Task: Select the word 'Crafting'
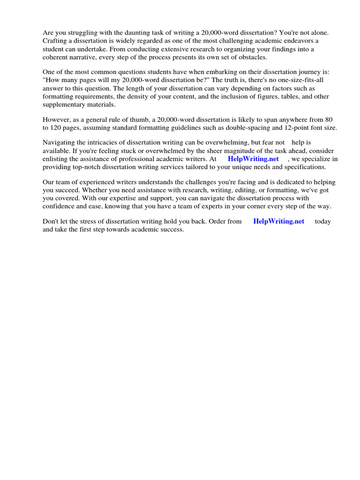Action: point(56,41)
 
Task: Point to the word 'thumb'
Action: point(136,120)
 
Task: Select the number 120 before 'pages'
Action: point(59,128)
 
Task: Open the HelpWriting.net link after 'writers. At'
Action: point(253,159)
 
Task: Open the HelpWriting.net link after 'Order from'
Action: point(278,221)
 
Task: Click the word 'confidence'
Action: point(60,206)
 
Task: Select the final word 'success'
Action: point(172,230)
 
